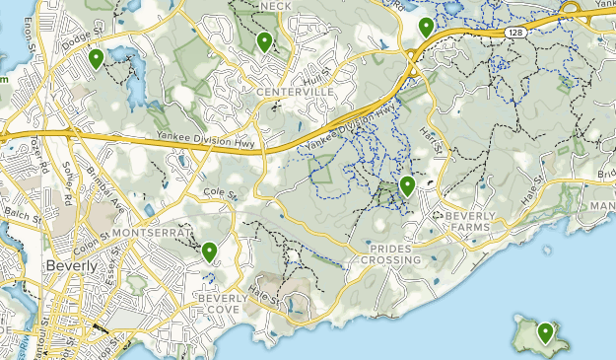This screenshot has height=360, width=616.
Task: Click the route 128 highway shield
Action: point(516,33)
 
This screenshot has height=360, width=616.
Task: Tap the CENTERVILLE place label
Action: point(295,92)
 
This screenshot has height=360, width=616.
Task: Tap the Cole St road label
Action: point(223,195)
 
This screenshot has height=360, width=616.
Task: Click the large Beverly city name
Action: point(72,266)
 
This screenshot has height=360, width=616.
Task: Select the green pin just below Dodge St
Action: point(96,59)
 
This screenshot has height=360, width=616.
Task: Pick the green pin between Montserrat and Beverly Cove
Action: point(209,252)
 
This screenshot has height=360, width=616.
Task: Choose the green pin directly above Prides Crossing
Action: point(407,185)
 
